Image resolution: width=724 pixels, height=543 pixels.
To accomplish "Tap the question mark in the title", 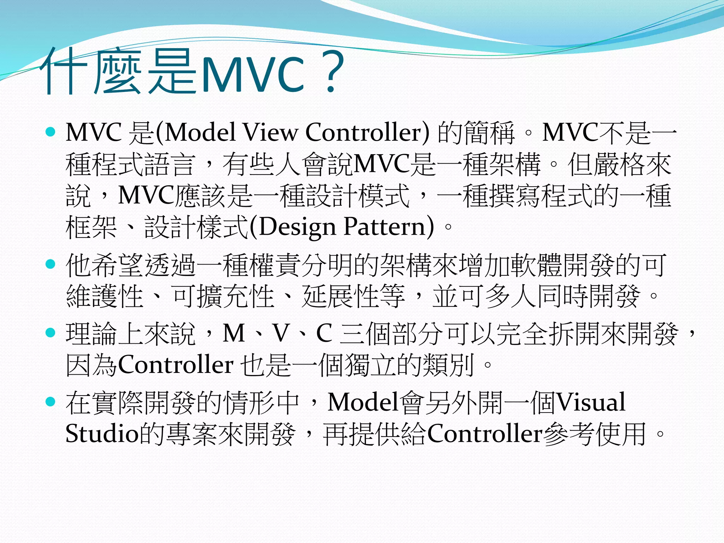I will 331,72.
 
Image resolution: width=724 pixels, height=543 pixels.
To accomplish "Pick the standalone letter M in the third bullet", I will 234,333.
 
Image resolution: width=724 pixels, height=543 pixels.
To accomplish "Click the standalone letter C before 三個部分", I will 324,333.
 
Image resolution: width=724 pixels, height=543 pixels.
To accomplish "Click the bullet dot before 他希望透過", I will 51,264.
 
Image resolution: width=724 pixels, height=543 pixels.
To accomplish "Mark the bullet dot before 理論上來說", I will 51,333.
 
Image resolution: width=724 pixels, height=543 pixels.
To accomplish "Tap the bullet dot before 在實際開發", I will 51,401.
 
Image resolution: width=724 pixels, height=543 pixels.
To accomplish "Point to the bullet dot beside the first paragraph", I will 51,132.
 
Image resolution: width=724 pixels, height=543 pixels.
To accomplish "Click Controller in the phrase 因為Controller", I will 175,365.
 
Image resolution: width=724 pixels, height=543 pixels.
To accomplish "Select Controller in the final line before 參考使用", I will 485,434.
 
